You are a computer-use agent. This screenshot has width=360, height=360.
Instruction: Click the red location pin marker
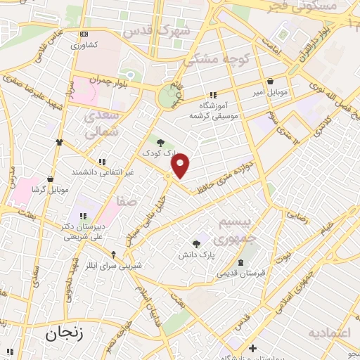181,165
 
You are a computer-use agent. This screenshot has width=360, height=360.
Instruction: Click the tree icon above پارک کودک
160,142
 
